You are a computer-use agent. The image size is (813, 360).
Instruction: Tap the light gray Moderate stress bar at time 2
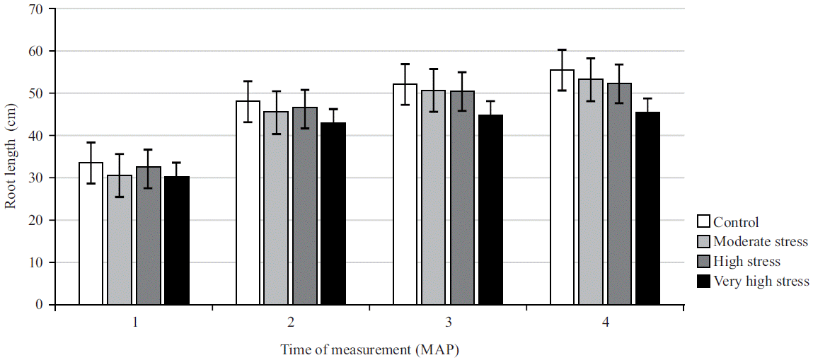pos(276,208)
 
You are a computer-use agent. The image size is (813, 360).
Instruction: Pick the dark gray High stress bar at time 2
pos(305,206)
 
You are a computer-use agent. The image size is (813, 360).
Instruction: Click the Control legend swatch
pos(703,222)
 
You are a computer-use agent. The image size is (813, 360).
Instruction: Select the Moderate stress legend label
pos(761,242)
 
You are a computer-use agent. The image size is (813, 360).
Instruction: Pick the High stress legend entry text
pos(747,262)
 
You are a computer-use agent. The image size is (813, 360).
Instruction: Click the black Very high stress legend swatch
pos(703,281)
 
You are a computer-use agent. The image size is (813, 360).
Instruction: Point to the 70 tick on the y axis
pos(35,9)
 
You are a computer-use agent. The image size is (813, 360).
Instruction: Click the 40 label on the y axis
pos(35,136)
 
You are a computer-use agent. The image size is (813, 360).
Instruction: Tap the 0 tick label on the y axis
pos(39,305)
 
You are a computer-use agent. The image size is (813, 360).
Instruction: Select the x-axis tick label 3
pos(449,322)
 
